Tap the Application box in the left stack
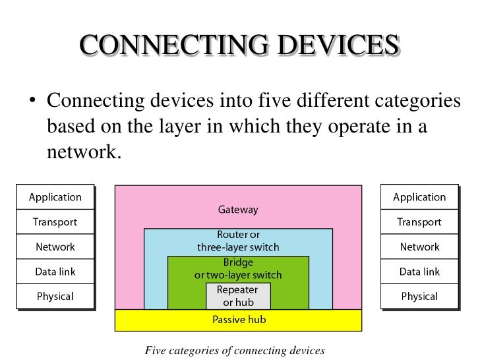coord(55,197)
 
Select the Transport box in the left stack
coord(55,222)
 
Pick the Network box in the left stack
coord(55,247)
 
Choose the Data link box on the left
coord(55,272)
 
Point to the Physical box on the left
coord(55,296)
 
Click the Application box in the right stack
coord(419,197)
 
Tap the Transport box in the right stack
coord(419,222)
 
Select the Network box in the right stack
coord(419,247)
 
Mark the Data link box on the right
coord(419,272)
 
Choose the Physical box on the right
coord(419,296)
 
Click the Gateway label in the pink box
coord(238,210)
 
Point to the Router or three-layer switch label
coord(238,241)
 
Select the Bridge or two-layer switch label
coord(238,269)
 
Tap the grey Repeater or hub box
coord(238,296)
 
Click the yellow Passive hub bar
coord(238,320)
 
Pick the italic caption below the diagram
coord(235,350)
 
